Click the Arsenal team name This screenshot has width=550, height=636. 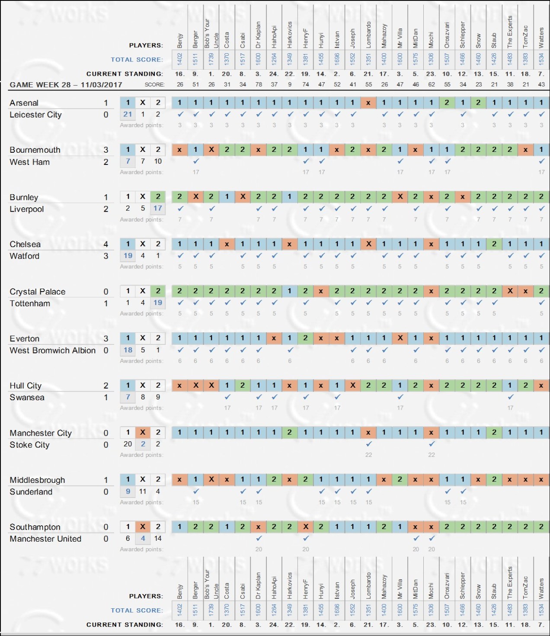(24, 103)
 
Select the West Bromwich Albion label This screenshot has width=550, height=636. (52, 350)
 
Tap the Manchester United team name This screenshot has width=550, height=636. (45, 539)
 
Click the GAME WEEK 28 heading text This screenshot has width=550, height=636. (66, 85)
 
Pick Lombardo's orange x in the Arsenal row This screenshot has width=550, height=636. (368, 103)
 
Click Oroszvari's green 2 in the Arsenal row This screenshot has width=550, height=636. (447, 103)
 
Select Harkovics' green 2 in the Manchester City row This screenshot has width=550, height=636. (290, 432)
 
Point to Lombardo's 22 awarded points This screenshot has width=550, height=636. (368, 455)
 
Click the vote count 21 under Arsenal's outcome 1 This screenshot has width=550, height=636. (128, 114)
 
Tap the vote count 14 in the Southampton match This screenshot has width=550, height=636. (158, 538)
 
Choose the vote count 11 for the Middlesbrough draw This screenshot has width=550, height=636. (143, 491)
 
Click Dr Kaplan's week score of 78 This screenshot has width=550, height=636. (259, 84)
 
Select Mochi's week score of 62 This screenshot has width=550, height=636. (431, 84)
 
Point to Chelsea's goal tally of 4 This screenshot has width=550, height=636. (106, 244)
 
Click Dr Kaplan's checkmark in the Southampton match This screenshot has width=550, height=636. (259, 538)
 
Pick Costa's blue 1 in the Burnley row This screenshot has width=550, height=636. (227, 197)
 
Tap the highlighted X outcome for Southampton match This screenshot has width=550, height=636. (143, 527)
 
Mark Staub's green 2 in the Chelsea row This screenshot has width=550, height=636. (494, 244)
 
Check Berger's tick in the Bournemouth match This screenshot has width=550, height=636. (196, 161)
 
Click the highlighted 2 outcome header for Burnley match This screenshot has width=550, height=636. (158, 197)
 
